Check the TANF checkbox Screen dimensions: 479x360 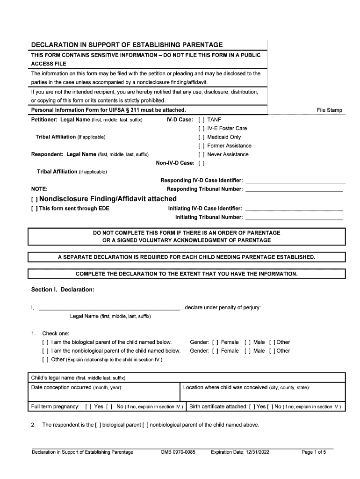[x=202, y=120]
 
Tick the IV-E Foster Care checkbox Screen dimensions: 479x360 [x=202, y=128]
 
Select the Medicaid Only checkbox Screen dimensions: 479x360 [x=202, y=137]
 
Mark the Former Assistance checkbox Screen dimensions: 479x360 [x=202, y=145]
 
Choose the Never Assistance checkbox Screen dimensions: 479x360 [x=202, y=154]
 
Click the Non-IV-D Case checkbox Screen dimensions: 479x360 [x=202, y=163]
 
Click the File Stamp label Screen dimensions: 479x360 [x=329, y=110]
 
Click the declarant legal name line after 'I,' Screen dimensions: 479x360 [x=109, y=307]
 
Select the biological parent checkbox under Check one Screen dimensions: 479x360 [x=45, y=342]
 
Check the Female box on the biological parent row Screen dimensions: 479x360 [x=215, y=342]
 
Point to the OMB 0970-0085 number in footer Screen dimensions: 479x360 [x=178, y=452]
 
